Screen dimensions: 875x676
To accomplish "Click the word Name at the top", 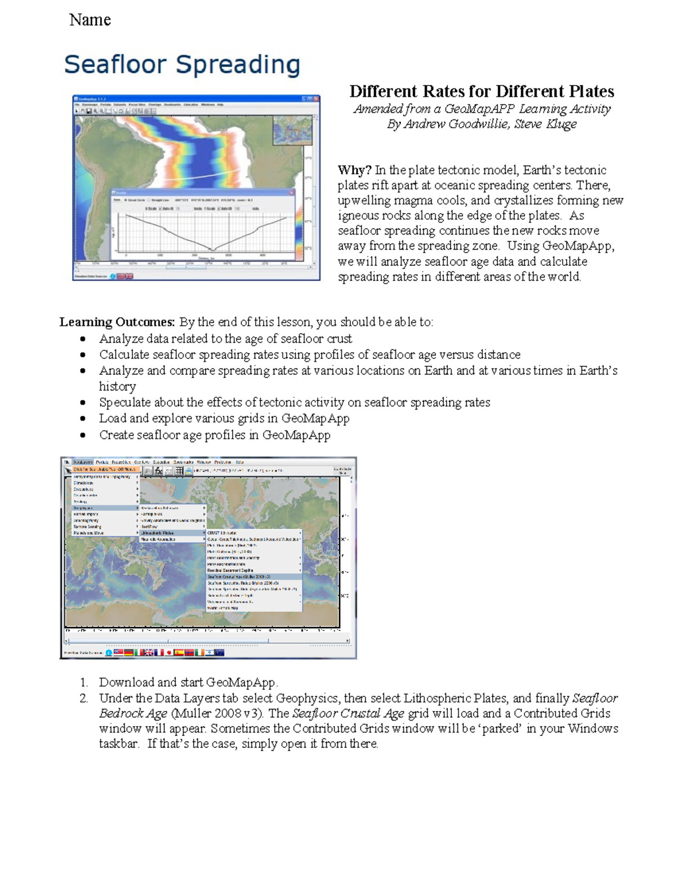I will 90,20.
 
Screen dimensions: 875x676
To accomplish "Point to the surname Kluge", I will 561,124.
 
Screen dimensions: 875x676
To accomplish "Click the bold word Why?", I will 354,170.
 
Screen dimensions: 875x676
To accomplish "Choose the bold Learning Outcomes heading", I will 117,322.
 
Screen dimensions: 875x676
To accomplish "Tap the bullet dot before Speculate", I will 83,402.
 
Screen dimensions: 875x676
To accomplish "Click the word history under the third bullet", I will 117,387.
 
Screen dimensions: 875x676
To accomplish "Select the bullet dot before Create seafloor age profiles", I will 83,435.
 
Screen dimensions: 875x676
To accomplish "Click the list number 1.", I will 83,682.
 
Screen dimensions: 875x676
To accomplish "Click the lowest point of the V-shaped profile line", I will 213,250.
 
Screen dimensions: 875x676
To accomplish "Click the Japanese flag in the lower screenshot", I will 168,652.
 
